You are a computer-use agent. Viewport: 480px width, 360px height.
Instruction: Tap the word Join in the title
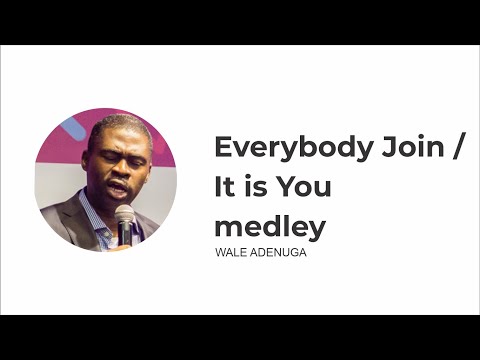(408, 148)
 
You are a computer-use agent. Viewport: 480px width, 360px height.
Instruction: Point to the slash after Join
(459, 148)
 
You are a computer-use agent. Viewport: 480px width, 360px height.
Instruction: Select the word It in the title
(225, 187)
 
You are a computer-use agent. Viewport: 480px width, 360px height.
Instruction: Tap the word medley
(270, 227)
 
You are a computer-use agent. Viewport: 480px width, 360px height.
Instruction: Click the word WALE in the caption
(230, 254)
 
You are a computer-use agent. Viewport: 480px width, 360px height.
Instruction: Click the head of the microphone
(124, 214)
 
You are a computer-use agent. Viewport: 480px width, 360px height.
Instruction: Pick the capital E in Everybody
(224, 148)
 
